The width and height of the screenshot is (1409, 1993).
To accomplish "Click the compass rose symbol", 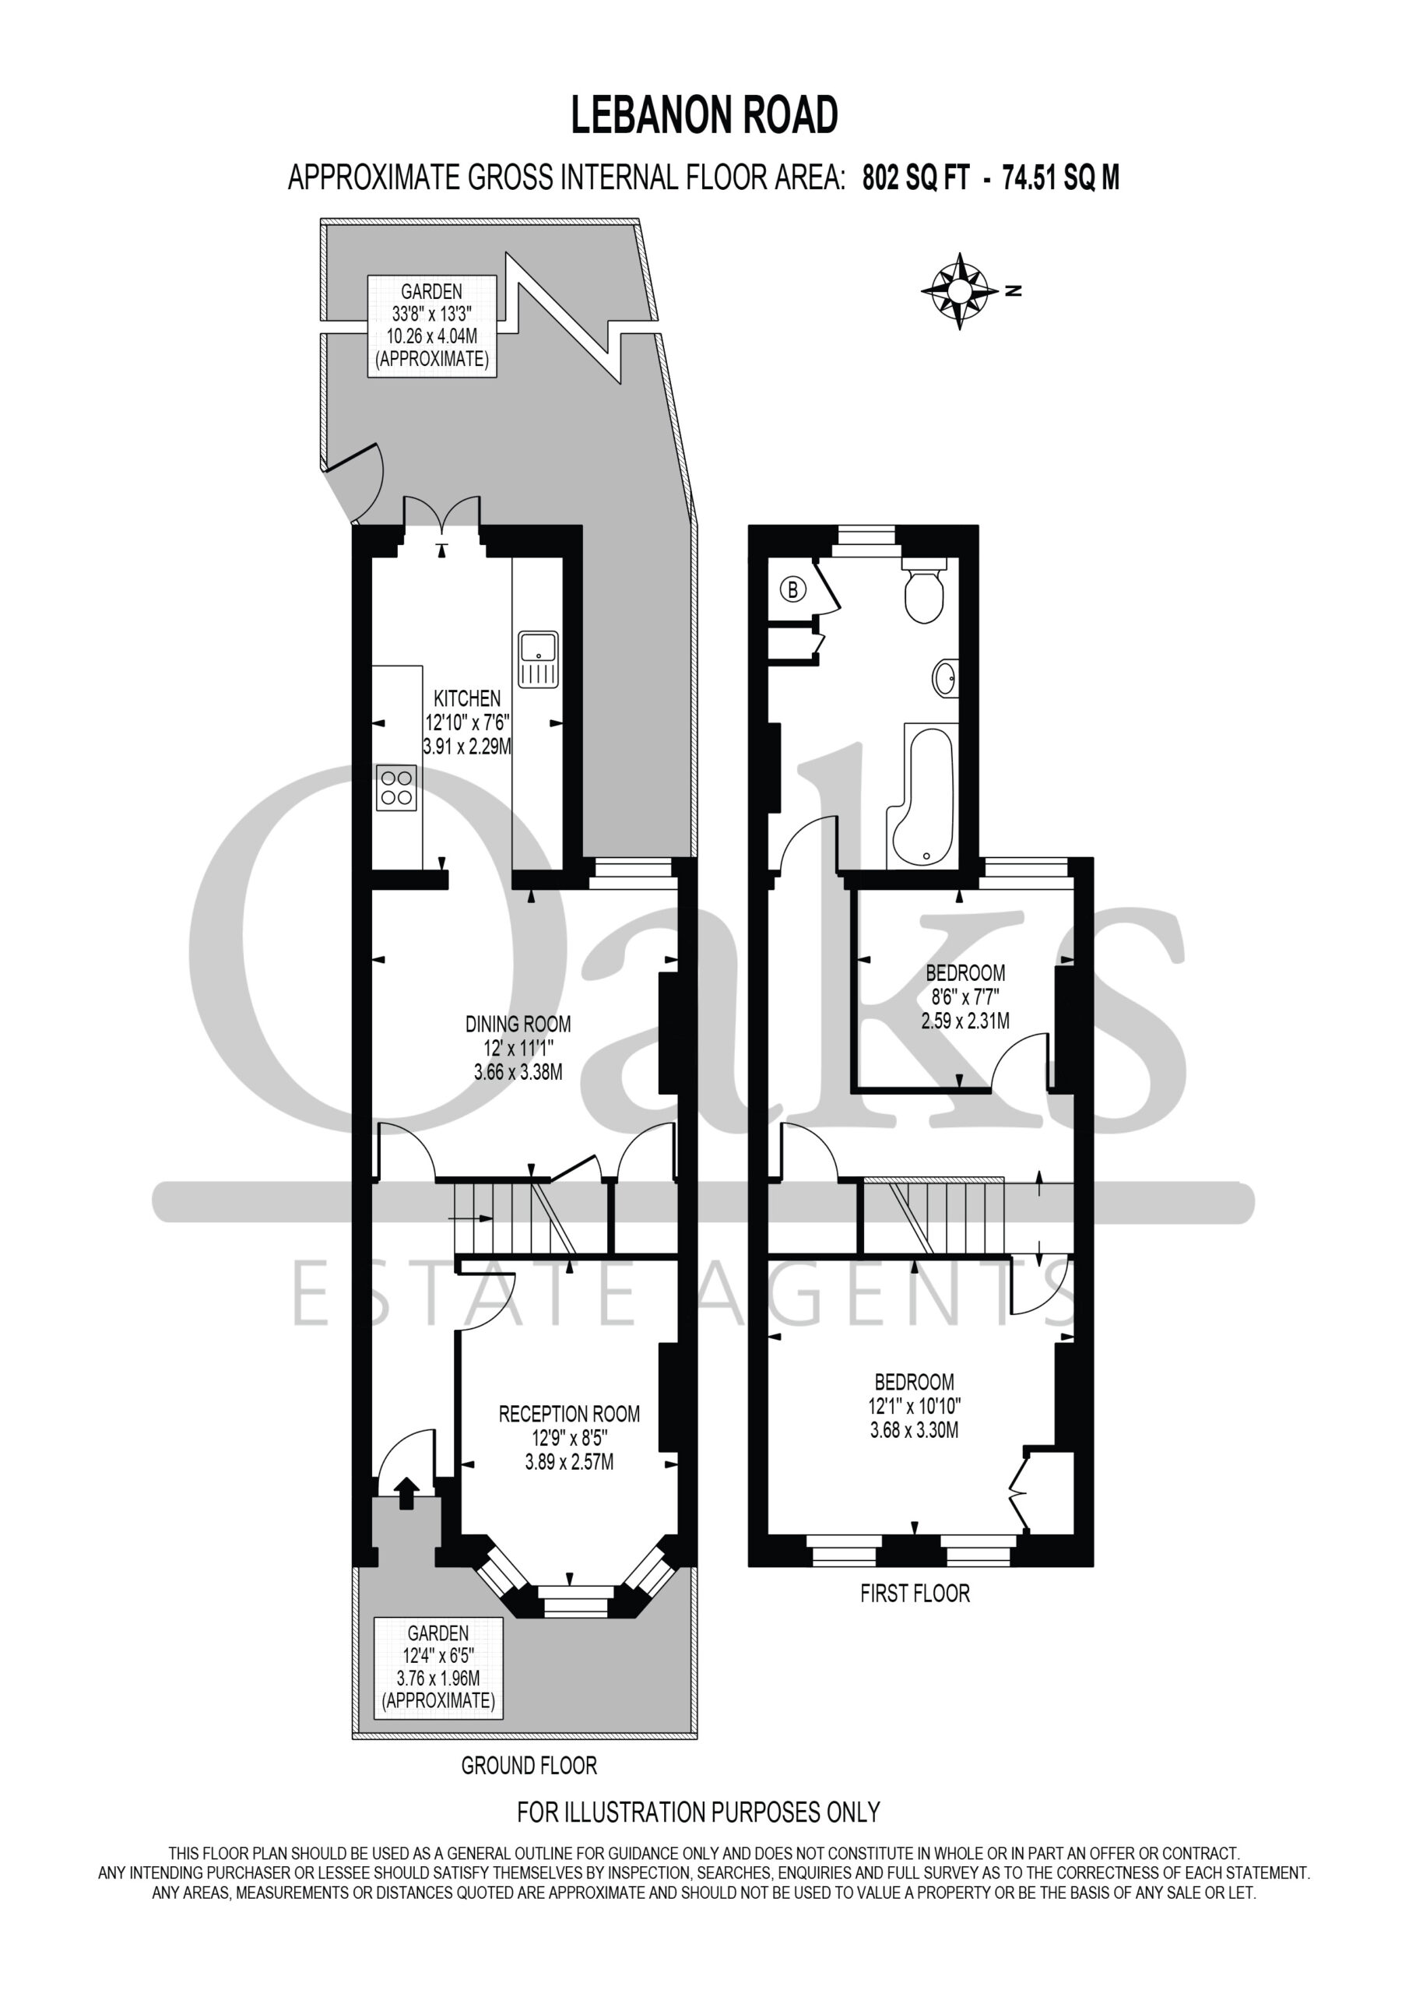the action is pyautogui.click(x=959, y=291).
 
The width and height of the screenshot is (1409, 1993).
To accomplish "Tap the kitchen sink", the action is pyautogui.click(x=538, y=659).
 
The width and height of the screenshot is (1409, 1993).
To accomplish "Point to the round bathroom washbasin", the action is pyautogui.click(x=947, y=677).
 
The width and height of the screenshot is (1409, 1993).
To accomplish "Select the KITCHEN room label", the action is pyautogui.click(x=467, y=698).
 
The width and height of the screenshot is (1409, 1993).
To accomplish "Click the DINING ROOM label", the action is pyautogui.click(x=518, y=1025).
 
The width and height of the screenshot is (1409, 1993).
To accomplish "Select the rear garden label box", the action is pyautogui.click(x=431, y=325).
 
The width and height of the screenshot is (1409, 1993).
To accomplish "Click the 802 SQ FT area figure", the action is pyautogui.click(x=915, y=178).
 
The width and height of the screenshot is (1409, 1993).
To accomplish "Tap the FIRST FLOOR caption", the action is pyautogui.click(x=915, y=1593).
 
